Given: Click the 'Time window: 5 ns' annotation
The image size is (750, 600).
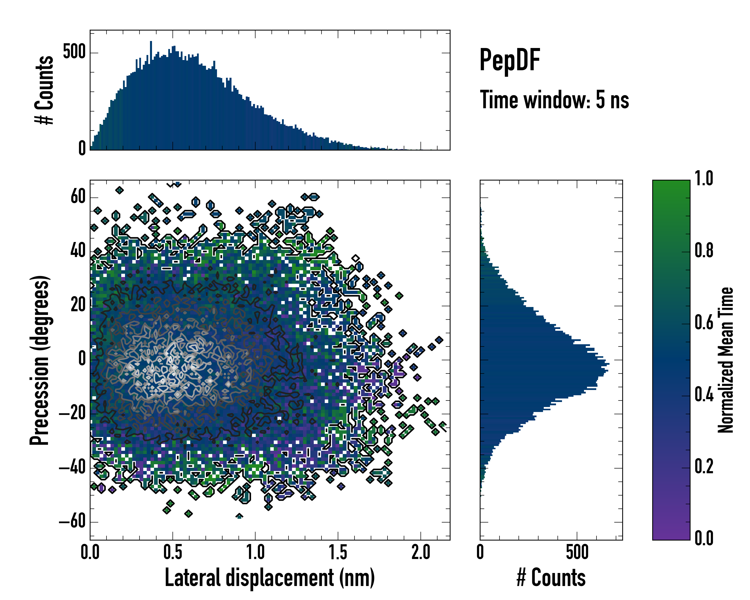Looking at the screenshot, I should tap(554, 100).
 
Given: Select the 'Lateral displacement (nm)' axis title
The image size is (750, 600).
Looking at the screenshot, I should tap(269, 578).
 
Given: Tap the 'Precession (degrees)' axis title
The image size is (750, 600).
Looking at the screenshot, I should tap(39, 360).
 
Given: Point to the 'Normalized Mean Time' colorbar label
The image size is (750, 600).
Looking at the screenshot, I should tap(725, 360).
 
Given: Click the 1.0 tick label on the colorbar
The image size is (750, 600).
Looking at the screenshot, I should tap(704, 178).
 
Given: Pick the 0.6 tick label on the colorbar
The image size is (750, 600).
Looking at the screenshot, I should tap(704, 323).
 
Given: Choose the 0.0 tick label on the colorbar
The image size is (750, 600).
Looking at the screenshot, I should tap(704, 538).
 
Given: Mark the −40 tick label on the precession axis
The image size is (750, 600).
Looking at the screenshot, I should tap(72, 467).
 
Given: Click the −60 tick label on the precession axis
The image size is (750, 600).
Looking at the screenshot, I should tap(72, 522).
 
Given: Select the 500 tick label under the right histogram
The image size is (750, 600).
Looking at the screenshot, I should tap(577, 552).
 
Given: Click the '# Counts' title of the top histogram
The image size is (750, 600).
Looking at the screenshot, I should tap(44, 90).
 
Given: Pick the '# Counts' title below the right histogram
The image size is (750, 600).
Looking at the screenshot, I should tap(551, 578).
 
